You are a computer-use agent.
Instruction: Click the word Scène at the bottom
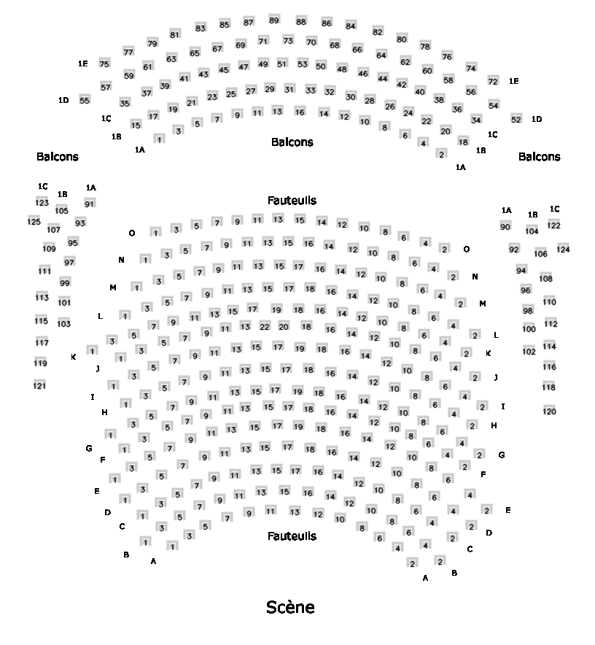[290, 607]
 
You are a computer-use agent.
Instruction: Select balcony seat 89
[273, 20]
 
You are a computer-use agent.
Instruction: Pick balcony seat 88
[300, 22]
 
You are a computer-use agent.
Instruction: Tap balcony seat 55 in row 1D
[85, 101]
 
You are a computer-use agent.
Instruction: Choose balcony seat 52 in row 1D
[516, 119]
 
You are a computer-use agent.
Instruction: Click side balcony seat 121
[39, 385]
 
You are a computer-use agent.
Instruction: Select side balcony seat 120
[549, 411]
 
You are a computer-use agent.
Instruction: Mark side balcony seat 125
[34, 221]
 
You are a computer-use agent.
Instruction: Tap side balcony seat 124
[563, 250]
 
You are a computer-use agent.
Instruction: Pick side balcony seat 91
[90, 204]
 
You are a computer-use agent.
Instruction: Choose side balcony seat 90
[505, 227]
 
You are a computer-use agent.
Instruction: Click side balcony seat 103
[64, 323]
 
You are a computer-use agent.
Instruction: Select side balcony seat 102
[529, 351]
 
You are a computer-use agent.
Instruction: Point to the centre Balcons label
[292, 142]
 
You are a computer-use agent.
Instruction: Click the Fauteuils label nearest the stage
[292, 536]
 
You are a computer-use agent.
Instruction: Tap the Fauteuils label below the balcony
[292, 200]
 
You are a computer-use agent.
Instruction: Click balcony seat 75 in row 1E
[104, 64]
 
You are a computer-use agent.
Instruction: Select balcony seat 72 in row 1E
[493, 81]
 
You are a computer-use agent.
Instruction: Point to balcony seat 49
[263, 65]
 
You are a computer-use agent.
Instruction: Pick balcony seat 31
[289, 89]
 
